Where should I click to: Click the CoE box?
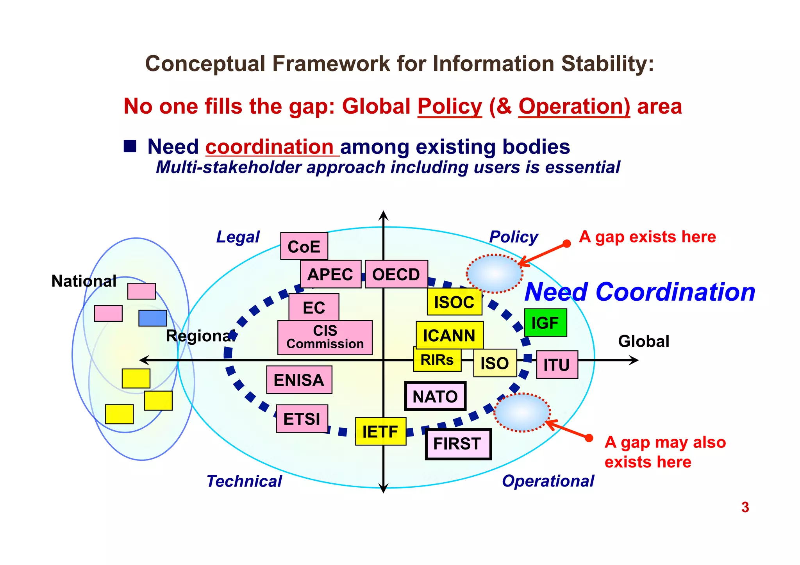tap(304, 246)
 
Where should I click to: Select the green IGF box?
tap(545, 323)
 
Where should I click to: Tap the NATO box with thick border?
tap(435, 396)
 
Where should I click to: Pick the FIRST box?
tap(458, 444)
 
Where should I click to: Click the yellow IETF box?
tap(380, 431)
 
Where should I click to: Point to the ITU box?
tap(557, 365)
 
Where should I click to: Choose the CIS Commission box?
tap(325, 337)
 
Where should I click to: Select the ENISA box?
tap(299, 380)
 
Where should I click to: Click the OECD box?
tap(396, 274)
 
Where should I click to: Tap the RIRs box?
tap(437, 360)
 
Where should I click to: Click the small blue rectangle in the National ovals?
tap(153, 318)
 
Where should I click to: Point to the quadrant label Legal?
tap(238, 237)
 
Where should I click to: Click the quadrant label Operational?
tap(548, 481)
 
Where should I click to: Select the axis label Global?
tap(643, 341)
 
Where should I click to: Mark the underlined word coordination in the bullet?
tap(270, 147)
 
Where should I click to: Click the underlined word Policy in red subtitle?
tap(450, 106)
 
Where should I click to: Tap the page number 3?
tap(745, 507)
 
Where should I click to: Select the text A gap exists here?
tap(647, 237)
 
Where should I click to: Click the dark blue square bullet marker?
tap(130, 146)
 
